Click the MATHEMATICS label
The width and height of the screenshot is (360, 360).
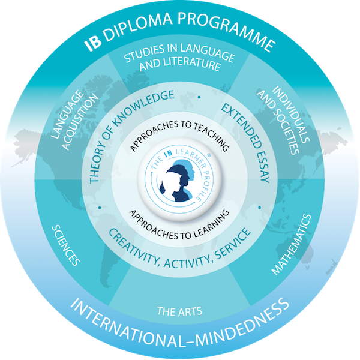pyautogui.click(x=293, y=243)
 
